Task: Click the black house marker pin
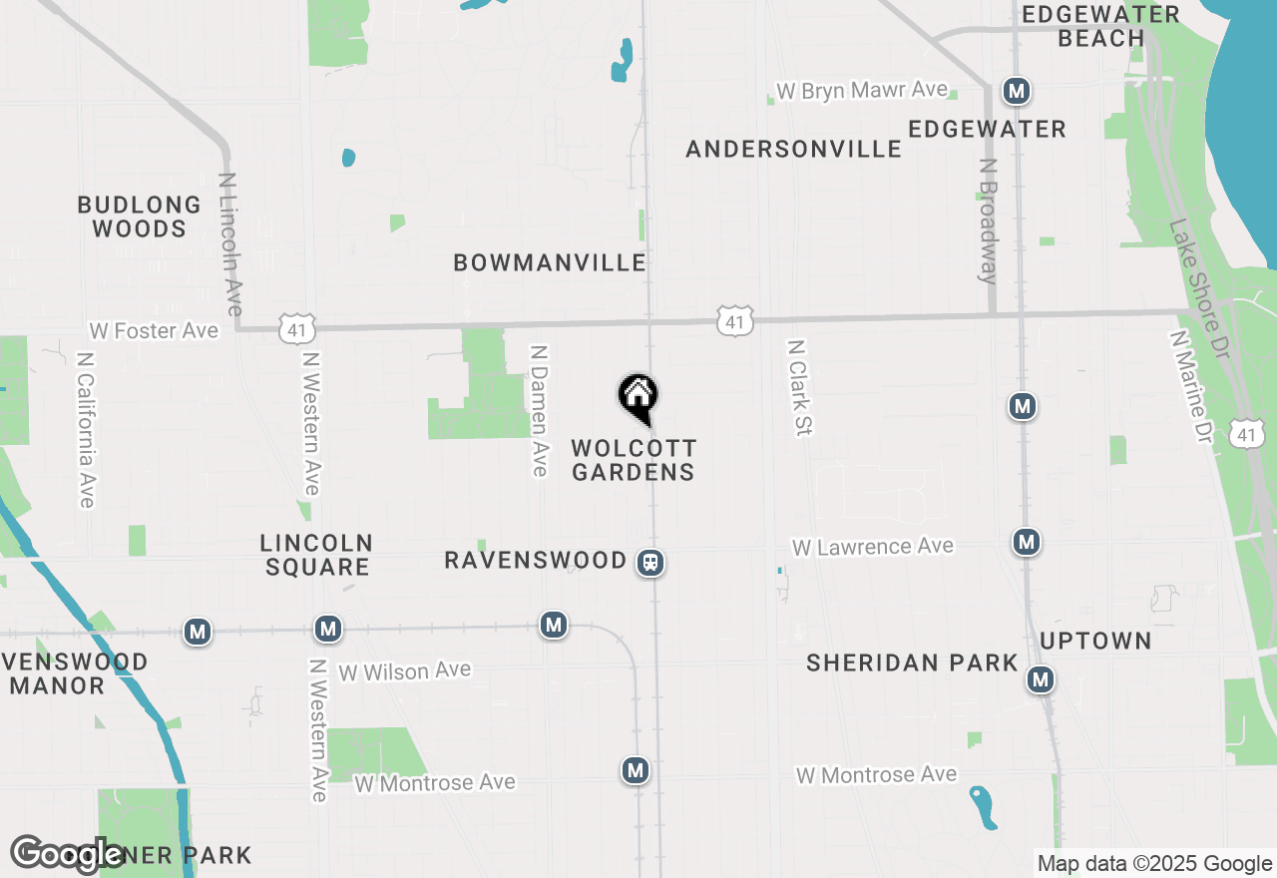[638, 396]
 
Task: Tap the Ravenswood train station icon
[650, 563]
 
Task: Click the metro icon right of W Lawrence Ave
[1026, 542]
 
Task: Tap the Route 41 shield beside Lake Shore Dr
[1247, 433]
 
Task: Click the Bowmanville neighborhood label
[550, 262]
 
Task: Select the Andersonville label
[794, 149]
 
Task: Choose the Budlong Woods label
[140, 217]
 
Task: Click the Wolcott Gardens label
[634, 460]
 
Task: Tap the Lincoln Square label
[316, 555]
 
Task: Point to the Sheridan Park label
[912, 662]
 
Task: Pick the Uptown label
[1095, 641]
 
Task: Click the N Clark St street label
[800, 387]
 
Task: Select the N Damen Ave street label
[540, 410]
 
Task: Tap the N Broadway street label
[988, 221]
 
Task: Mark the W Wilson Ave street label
[404, 671]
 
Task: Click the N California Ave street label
[86, 429]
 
